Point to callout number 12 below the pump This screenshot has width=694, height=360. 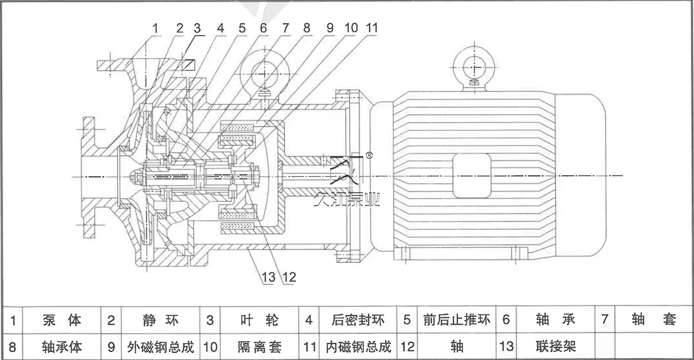coord(289,276)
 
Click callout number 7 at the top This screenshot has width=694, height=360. coord(285,28)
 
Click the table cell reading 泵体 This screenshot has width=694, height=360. coord(62,320)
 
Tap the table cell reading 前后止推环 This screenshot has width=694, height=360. coord(449,320)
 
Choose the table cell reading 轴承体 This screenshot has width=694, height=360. coord(62,347)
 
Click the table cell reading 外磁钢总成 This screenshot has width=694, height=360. coord(160,347)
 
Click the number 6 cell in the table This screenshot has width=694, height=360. coord(506,320)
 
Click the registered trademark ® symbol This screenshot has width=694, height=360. coord(369,156)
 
